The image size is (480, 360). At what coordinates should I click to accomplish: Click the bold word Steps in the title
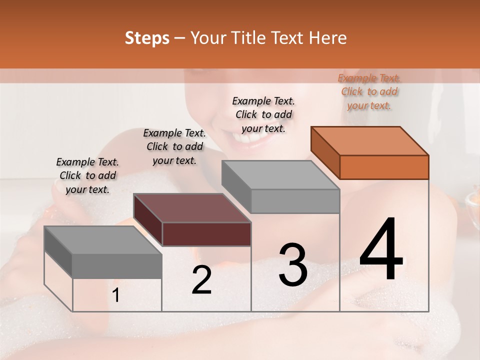(x=147, y=38)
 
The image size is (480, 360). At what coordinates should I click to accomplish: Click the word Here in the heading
(x=328, y=38)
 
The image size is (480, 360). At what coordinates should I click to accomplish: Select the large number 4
(x=381, y=250)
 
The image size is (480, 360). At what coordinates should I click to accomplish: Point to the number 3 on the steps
(x=293, y=264)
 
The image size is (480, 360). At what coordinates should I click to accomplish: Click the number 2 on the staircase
(x=201, y=280)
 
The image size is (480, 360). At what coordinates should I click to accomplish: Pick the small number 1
(x=116, y=296)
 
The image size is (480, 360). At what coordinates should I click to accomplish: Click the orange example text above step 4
(x=369, y=91)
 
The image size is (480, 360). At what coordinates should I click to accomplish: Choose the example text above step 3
(x=263, y=114)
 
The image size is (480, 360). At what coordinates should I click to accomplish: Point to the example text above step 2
(x=174, y=146)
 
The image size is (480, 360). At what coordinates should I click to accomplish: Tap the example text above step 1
(x=87, y=175)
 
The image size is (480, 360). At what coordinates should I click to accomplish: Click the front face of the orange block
(x=384, y=167)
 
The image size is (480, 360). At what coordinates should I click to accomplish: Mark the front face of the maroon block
(x=206, y=234)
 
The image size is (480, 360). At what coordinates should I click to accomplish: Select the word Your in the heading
(x=208, y=38)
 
